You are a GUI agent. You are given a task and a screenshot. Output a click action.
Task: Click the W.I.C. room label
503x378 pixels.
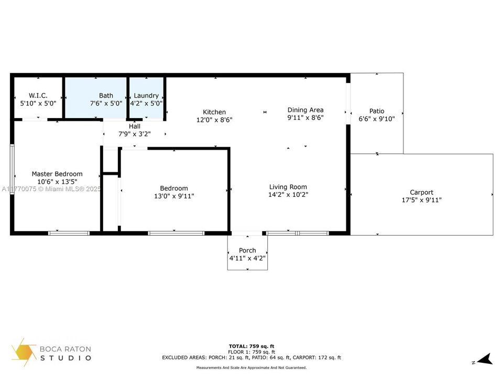coord(38,96)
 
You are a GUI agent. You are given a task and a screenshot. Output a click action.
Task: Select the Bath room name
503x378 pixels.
coord(106,96)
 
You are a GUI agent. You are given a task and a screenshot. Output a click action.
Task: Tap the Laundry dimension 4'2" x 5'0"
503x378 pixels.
coord(146,103)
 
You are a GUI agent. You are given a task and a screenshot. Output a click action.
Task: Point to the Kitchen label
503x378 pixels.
coord(214,112)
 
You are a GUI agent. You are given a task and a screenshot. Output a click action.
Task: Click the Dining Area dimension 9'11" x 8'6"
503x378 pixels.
coord(305,118)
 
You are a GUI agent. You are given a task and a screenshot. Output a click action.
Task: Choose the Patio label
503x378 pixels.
coord(377,111)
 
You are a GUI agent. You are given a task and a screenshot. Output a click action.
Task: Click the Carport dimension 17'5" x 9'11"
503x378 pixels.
coord(421,200)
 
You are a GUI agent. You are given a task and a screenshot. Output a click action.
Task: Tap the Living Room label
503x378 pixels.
coord(288,187)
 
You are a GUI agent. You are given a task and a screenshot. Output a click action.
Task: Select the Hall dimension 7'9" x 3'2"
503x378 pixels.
coord(135,134)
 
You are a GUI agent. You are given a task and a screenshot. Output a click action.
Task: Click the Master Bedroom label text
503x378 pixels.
coord(57,174)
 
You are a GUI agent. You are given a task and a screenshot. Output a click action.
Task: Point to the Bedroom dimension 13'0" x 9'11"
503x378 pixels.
coord(174,196)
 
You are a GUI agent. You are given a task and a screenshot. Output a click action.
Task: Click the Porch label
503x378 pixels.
coord(247,250)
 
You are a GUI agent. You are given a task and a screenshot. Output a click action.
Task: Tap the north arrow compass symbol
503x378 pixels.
coord(485,359)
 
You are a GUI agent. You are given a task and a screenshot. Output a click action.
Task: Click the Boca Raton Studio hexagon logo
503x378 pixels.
coord(24,352)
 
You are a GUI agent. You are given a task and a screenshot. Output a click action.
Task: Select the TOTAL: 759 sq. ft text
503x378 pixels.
coord(251,346)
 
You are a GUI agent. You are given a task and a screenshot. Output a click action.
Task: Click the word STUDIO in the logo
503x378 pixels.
coord(66,358)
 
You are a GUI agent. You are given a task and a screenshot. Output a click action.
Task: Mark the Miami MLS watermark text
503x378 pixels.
coord(51,189)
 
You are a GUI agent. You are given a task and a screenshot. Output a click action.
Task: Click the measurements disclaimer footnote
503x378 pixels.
coord(251,367)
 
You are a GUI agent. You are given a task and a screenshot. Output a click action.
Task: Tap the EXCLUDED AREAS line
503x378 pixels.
coord(251,358)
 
